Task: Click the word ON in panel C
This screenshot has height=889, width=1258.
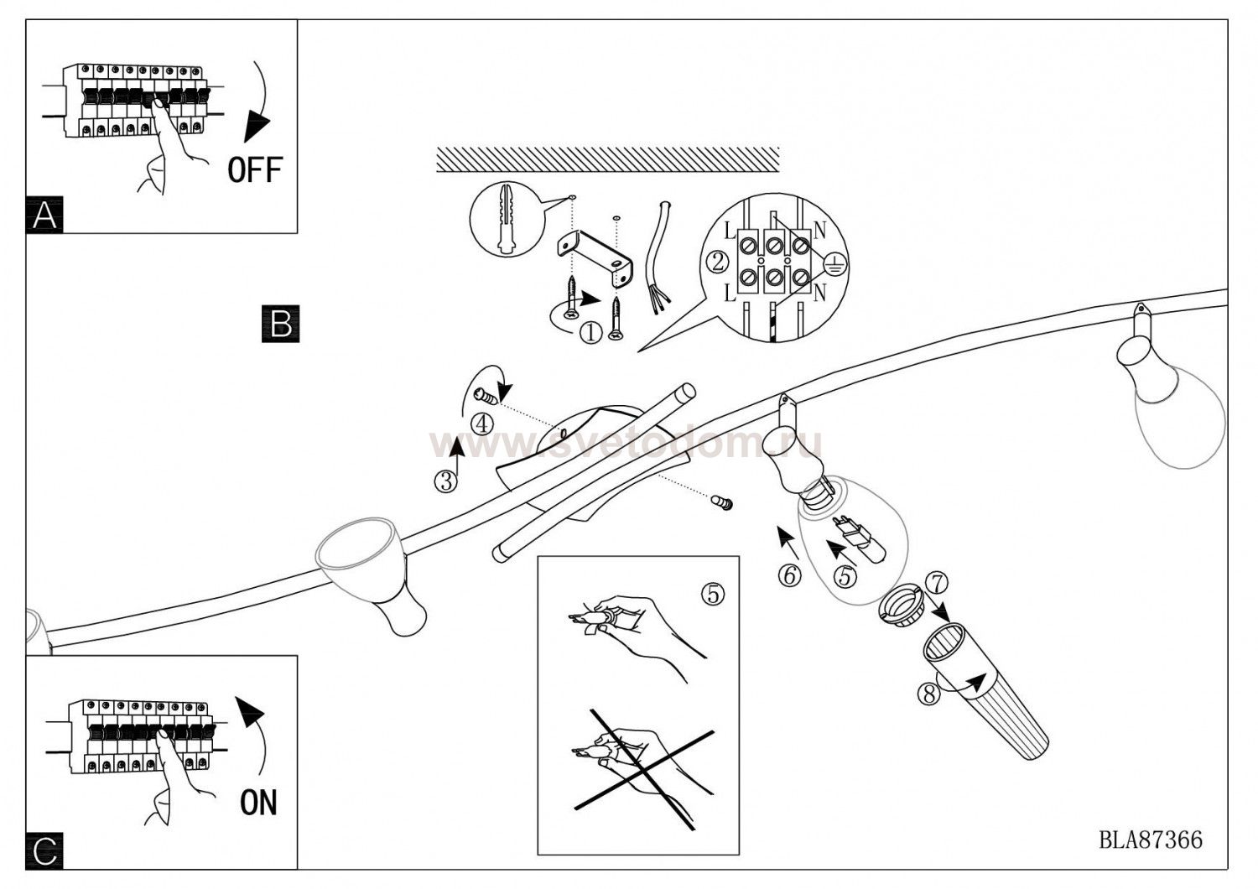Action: tap(258, 803)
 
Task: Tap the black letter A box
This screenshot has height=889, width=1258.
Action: tap(44, 216)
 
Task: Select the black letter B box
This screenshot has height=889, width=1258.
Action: tap(281, 324)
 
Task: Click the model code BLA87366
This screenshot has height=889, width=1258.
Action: tap(1151, 840)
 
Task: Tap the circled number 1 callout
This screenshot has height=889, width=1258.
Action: tap(590, 333)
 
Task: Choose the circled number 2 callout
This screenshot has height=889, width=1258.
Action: tap(717, 263)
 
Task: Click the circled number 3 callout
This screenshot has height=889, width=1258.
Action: tap(445, 481)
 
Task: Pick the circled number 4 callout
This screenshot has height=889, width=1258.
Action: tap(482, 424)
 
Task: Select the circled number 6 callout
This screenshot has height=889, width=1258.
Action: tap(789, 576)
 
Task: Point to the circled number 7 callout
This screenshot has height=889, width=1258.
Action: tap(937, 581)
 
